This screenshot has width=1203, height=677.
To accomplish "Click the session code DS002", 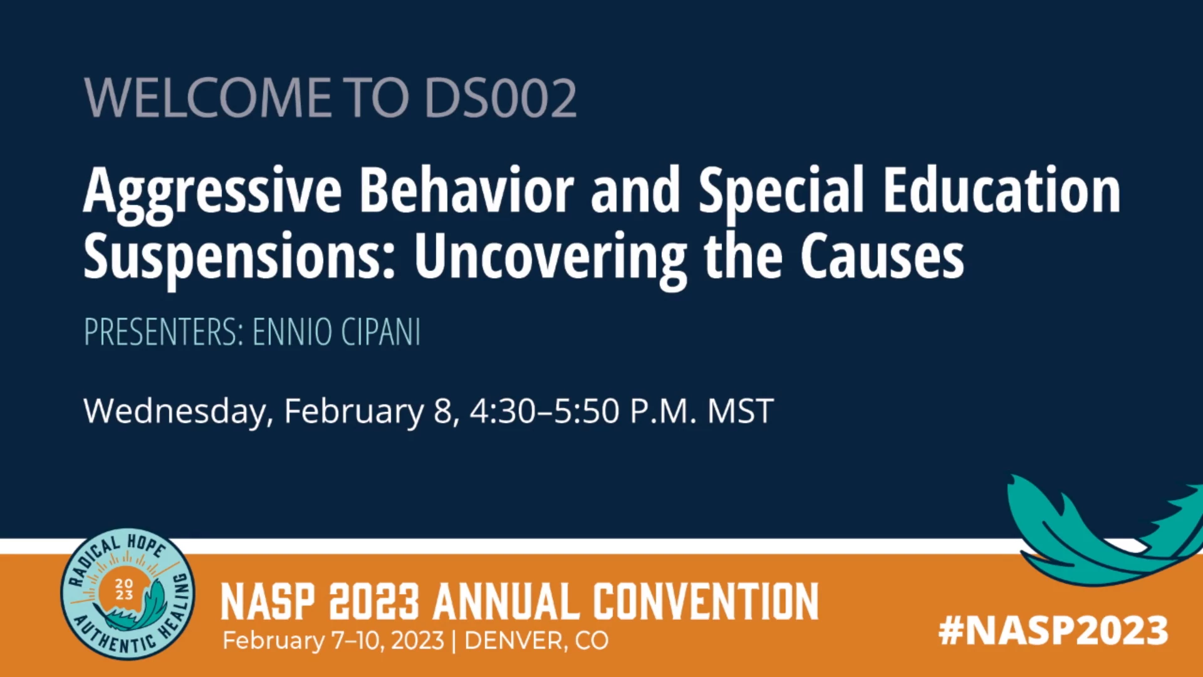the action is coord(501,98).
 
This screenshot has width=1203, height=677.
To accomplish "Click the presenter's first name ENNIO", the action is coord(292,332).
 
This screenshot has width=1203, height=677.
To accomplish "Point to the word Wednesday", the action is coord(179,412).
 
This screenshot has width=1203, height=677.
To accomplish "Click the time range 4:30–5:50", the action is coord(545,411).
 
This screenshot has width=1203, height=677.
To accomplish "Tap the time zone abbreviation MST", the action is coord(741,411).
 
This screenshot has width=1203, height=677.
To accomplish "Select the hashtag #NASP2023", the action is coord(1053,630).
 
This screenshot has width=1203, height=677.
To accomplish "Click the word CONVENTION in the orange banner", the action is coord(706,601).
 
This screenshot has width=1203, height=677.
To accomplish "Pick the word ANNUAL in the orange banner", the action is coord(506,601).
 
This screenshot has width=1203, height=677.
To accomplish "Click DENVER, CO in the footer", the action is coord(536,641).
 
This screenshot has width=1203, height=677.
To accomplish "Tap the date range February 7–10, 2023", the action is coord(333,641).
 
